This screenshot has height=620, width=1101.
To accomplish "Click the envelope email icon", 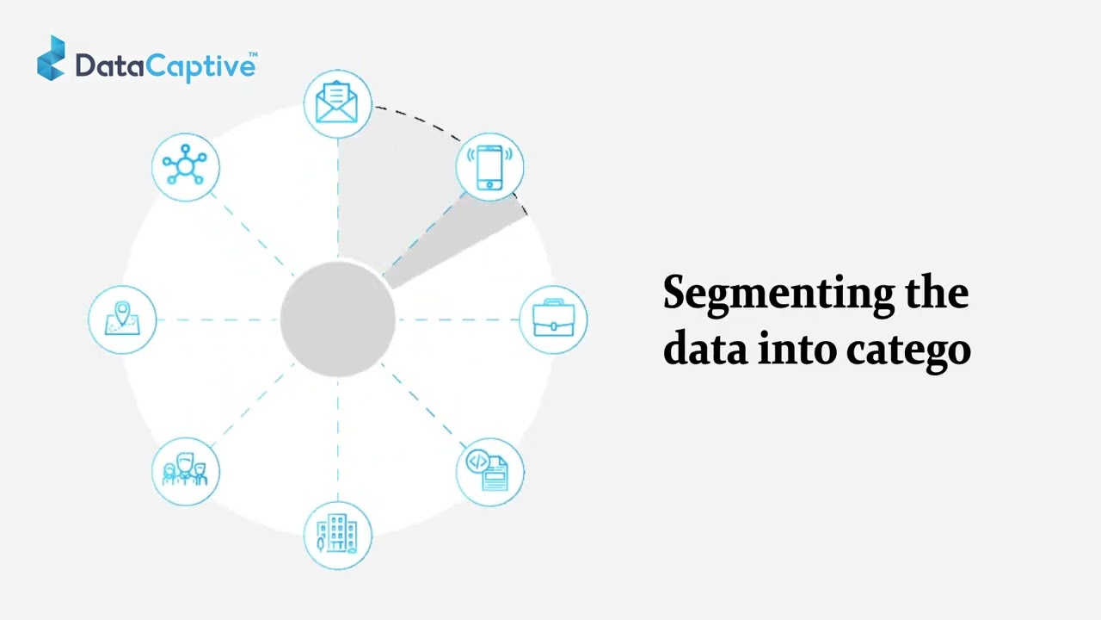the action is coord(337,103).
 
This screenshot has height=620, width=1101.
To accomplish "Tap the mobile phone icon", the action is coord(489,167).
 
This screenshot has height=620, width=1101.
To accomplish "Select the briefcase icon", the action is coord(553,319).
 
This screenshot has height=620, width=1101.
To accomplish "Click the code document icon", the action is coord(489,471).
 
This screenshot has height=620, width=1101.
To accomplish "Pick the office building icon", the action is coord(337,535).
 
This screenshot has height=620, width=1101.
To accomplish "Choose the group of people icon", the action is coord(185,471).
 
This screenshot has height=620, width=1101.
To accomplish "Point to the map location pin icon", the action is coord(122,319).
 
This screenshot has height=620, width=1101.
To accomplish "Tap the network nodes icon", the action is coord(185,167).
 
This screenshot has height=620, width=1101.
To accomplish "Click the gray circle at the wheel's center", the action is coord(337,319).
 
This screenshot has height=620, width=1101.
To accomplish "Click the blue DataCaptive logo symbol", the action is coord(51,59).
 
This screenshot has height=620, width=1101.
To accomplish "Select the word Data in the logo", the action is coord(108,65).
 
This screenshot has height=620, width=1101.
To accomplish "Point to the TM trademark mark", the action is coord(253,55).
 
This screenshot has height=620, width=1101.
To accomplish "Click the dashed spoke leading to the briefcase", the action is coord(458,319).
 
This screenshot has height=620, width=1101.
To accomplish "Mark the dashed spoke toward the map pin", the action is coord(218,319).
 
